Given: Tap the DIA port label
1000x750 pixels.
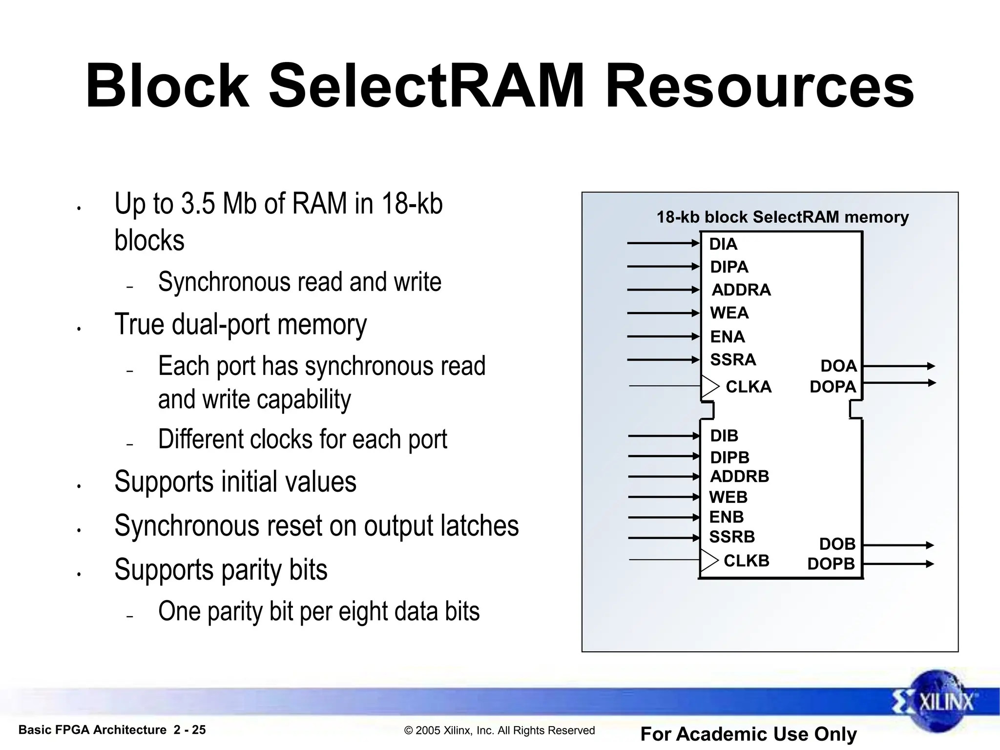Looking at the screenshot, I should (x=723, y=244).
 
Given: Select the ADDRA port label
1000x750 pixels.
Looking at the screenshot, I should (x=741, y=290).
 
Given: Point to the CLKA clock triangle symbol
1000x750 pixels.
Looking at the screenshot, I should (x=709, y=386).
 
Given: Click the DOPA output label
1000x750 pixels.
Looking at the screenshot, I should (x=833, y=386).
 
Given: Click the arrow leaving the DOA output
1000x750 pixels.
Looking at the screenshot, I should (x=898, y=366).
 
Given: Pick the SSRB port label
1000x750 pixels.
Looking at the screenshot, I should (x=731, y=537).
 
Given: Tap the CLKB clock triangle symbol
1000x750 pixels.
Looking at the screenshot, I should (x=708, y=560).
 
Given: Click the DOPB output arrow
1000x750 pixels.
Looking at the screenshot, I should (x=898, y=563).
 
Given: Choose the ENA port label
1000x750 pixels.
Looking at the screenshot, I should (x=727, y=336).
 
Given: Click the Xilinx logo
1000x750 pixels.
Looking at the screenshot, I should (x=938, y=702).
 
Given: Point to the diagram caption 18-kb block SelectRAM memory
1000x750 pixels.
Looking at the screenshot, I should (x=782, y=217).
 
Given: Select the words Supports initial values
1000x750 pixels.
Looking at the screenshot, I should (x=235, y=481).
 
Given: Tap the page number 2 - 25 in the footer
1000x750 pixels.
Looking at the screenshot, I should (x=189, y=730).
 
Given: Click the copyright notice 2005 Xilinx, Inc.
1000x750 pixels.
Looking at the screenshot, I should (x=500, y=730).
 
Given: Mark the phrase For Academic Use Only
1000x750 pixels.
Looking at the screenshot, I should (x=748, y=734).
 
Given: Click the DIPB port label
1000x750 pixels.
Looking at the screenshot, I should (x=729, y=457).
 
